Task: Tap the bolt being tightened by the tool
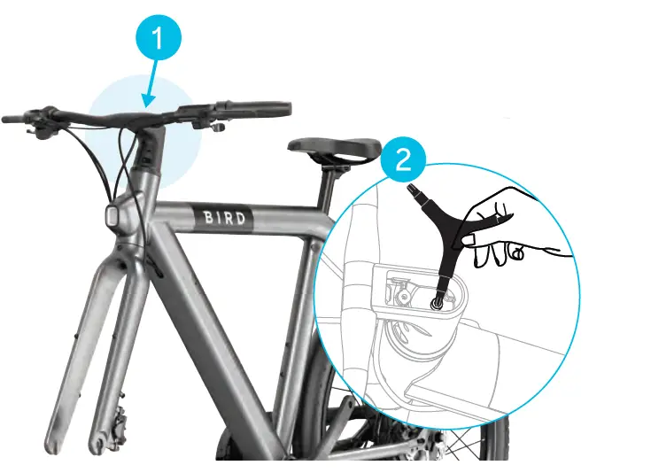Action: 438,301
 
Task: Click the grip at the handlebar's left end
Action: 18,119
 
